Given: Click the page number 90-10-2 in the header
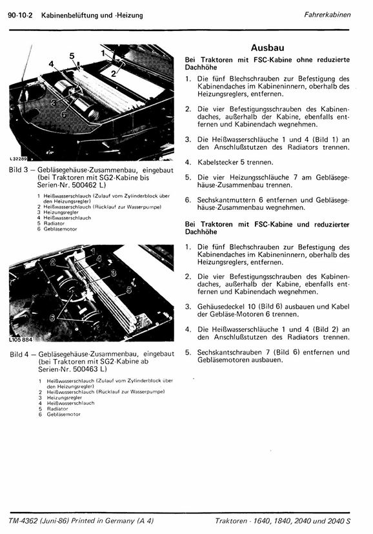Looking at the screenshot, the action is tap(20, 15).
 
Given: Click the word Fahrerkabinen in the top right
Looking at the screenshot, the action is tap(327, 15).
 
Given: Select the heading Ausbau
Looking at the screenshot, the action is tap(268, 48).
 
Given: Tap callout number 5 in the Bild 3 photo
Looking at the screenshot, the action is tap(72, 56).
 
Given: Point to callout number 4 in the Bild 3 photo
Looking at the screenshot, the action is tap(52, 64).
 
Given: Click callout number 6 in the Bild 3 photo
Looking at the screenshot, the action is tap(64, 114).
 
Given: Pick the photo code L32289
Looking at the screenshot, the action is tap(18, 158).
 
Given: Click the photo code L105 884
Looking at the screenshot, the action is tap(21, 339).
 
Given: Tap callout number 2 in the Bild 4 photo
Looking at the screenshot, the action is tap(53, 262).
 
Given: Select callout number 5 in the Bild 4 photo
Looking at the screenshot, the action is tap(129, 290).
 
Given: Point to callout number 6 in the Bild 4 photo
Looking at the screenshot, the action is tap(53, 318).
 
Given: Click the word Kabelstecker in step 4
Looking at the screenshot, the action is tap(218, 163).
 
